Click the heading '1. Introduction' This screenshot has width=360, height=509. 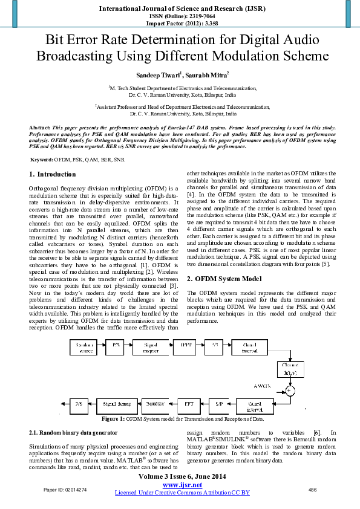coord(53,174)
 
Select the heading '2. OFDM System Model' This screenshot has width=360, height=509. coord(224,279)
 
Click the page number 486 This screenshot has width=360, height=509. coord(313,489)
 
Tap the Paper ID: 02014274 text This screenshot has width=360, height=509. coord(65,489)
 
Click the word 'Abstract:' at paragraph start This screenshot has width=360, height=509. coord(40,128)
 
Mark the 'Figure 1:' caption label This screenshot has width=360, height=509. coord(113,418)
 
